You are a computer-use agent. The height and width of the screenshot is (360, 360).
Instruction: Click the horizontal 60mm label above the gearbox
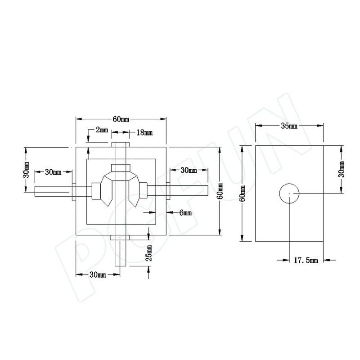coord(121,119)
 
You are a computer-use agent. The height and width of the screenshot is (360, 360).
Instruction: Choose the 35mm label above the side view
coord(289,126)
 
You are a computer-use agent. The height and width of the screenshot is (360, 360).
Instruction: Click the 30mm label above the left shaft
coord(54,171)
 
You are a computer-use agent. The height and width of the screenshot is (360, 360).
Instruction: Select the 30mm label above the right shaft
coord(188,170)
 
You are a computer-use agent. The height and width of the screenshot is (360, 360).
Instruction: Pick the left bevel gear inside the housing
coord(105,191)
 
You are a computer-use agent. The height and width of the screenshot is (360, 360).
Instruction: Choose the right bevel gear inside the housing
coord(136,191)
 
